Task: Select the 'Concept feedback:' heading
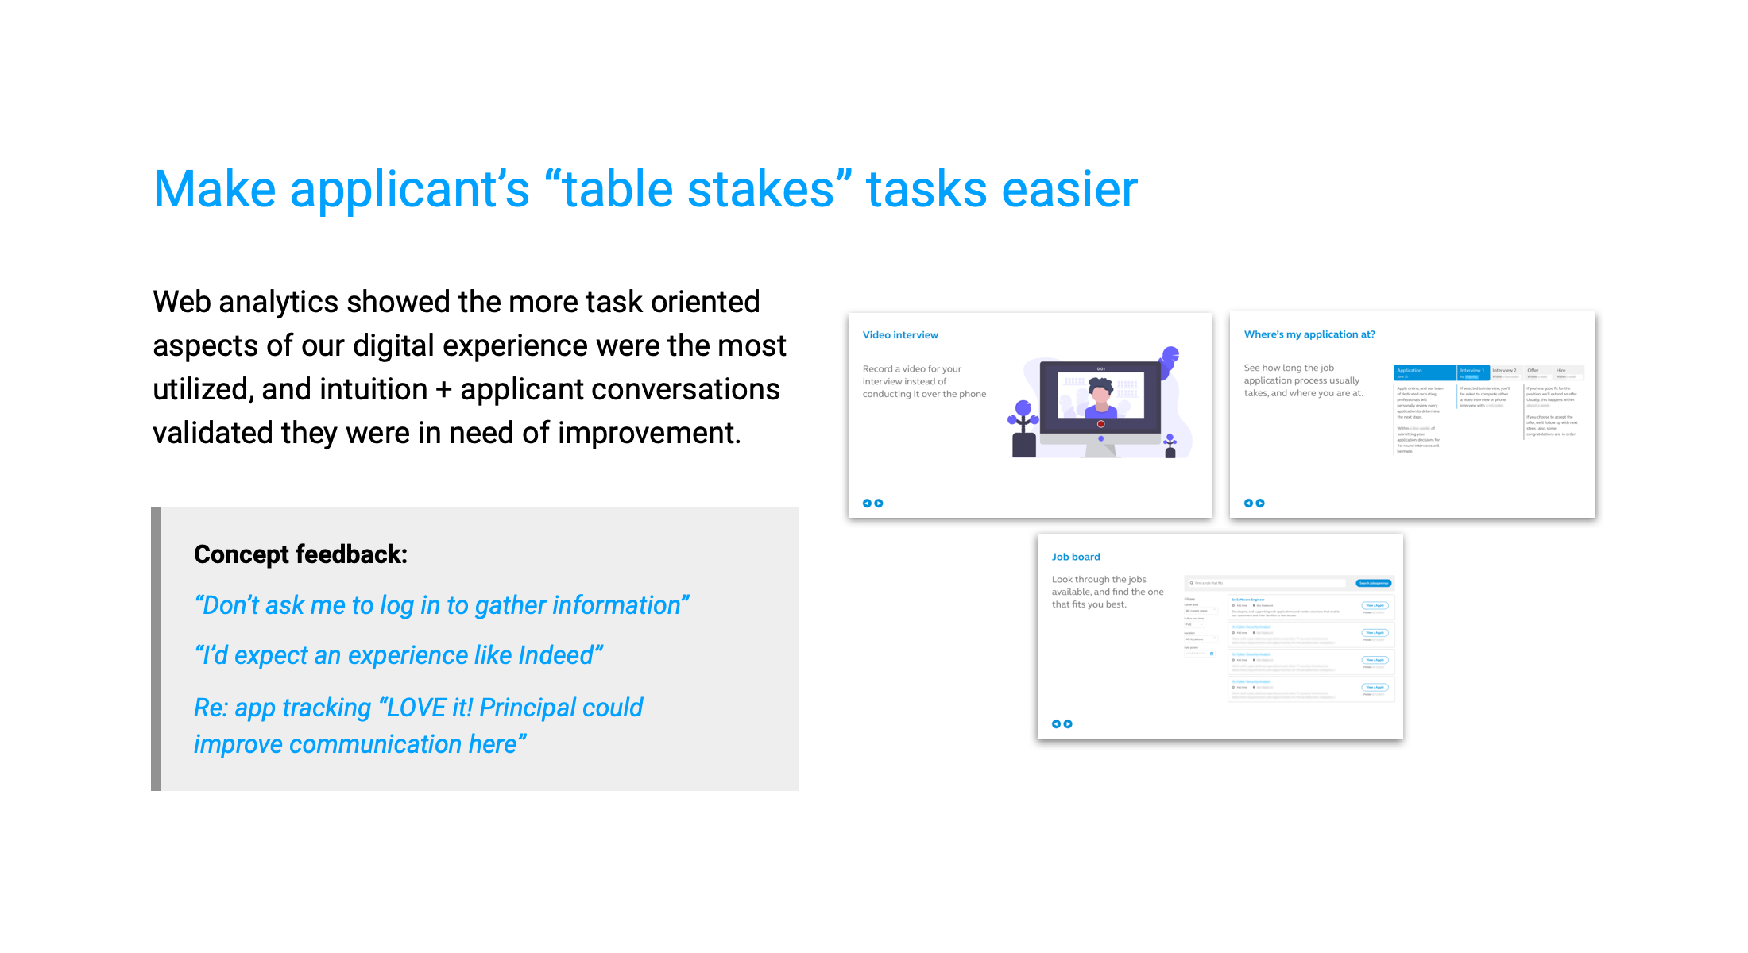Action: (300, 554)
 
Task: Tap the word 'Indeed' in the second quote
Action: (555, 655)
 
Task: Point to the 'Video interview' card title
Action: (900, 335)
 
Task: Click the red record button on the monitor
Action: (1100, 424)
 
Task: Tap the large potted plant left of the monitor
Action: (1023, 429)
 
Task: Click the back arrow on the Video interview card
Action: (867, 504)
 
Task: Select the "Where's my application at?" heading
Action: (1309, 334)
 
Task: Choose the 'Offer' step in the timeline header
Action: (1533, 371)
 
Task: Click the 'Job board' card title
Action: (1076, 557)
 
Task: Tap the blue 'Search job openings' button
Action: (1373, 583)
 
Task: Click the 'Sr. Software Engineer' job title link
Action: (1248, 600)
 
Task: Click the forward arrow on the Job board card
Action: (1068, 724)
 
